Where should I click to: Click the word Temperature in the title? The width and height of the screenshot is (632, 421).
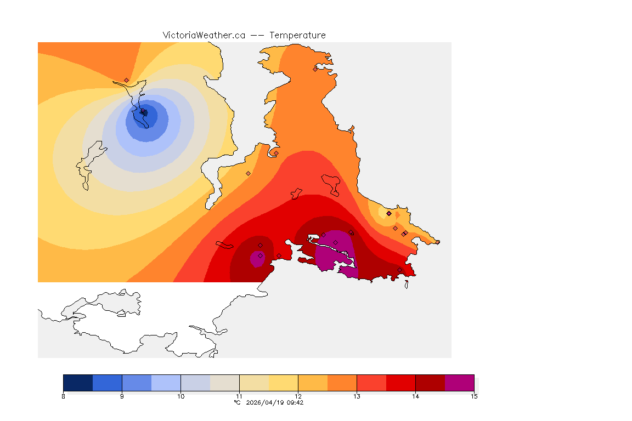pyautogui.click(x=297, y=35)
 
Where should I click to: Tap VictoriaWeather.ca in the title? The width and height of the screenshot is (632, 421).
pyautogui.click(x=204, y=35)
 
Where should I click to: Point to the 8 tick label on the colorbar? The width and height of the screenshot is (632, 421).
pyautogui.click(x=64, y=396)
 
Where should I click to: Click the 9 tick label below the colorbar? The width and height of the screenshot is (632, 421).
pyautogui.click(x=122, y=396)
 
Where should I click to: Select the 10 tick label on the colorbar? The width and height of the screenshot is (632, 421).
pyautogui.click(x=180, y=396)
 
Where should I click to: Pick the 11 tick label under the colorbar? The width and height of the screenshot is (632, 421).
pyautogui.click(x=239, y=396)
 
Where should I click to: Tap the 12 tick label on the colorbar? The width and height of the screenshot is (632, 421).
pyautogui.click(x=298, y=396)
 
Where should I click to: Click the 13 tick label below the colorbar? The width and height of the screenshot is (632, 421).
pyautogui.click(x=357, y=396)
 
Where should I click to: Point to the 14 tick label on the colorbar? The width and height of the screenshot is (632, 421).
pyautogui.click(x=415, y=396)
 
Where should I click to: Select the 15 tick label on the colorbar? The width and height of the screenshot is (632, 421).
pyautogui.click(x=473, y=396)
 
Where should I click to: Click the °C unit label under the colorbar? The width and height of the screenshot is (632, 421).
pyautogui.click(x=237, y=402)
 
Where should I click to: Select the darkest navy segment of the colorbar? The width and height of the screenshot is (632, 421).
pyautogui.click(x=78, y=383)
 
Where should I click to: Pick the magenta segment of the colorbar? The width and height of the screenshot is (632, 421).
pyautogui.click(x=459, y=383)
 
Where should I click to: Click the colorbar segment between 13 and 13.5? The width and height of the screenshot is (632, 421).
pyautogui.click(x=371, y=383)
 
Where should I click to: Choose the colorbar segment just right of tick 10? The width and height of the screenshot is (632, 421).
pyautogui.click(x=195, y=383)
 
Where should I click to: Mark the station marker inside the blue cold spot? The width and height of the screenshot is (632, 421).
pyautogui.click(x=144, y=112)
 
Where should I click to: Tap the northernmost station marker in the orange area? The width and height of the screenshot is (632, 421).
pyautogui.click(x=315, y=69)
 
